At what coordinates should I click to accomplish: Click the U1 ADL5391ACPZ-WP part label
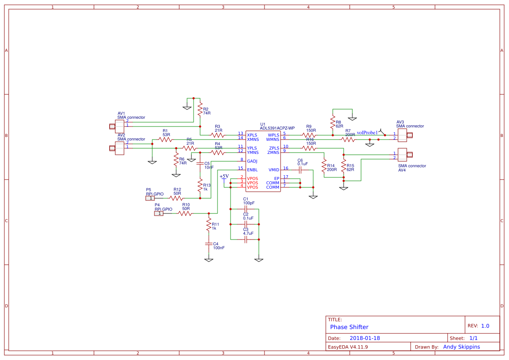(x=277, y=128)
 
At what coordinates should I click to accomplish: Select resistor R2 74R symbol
(x=200, y=109)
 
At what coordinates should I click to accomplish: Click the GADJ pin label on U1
(x=252, y=161)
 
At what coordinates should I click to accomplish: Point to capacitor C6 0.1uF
(x=300, y=170)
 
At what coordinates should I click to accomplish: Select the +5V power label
(x=224, y=176)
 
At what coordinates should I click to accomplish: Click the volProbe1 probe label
(x=367, y=133)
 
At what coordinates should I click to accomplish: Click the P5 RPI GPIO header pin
(x=150, y=198)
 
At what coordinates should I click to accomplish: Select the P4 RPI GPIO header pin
(x=159, y=213)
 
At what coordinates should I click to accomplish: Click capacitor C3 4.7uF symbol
(x=245, y=239)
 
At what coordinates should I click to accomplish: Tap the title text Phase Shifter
(x=349, y=327)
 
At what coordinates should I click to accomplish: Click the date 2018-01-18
(x=365, y=338)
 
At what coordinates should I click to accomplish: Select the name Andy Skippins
(x=461, y=347)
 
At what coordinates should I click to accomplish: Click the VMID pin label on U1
(x=274, y=170)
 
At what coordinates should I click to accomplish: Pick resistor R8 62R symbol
(x=333, y=122)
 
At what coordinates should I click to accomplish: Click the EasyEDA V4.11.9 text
(x=348, y=347)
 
